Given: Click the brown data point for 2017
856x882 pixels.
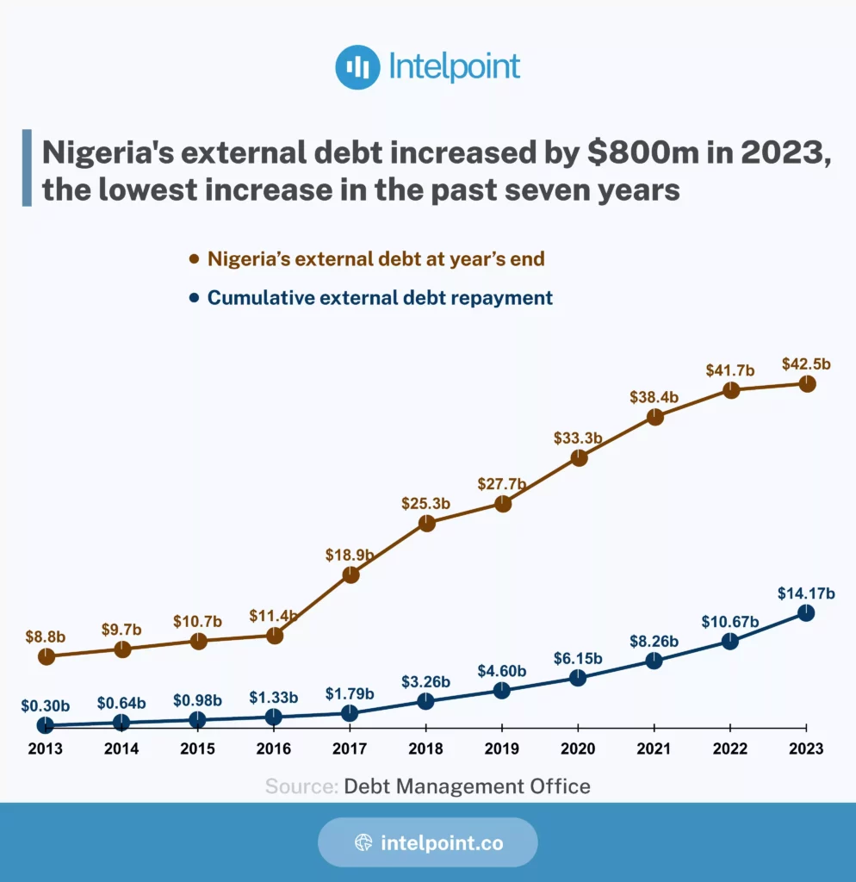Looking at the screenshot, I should pos(350,575).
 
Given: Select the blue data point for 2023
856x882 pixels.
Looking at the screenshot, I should pos(806,612).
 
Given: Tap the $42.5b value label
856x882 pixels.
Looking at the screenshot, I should pos(806,363).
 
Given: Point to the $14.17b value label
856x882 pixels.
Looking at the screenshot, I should pos(806,593).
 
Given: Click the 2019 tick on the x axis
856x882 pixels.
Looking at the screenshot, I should pos(503,749).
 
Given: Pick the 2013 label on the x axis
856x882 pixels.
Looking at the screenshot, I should pos(46,749).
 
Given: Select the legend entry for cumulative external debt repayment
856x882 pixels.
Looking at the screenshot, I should pos(380,298).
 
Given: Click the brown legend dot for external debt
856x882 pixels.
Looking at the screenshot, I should pos(194,258).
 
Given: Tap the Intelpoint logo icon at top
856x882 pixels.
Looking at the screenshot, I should pos(357,67).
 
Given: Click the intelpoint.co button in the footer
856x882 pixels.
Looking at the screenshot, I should pos(428,842).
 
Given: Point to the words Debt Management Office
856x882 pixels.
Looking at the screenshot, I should pos(468,786).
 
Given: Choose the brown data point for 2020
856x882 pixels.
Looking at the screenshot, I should pos(579,458).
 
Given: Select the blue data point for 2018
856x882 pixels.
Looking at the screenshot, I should pos(426,701).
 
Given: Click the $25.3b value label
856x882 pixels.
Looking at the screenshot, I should pos(426,502).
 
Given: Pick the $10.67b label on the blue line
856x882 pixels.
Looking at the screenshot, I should pos(730,622).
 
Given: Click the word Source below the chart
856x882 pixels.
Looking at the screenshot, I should pos(301,786).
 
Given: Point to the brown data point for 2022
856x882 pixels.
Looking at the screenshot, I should pos(730,389).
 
